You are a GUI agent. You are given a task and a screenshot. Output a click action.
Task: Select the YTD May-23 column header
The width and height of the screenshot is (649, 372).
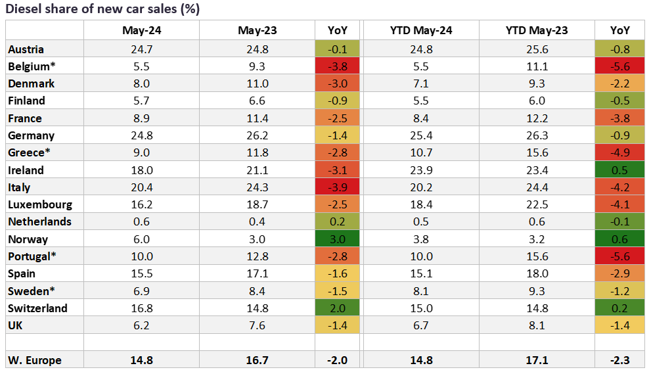point(537,30)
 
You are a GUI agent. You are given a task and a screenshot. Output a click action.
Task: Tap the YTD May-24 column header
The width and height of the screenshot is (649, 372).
point(420,30)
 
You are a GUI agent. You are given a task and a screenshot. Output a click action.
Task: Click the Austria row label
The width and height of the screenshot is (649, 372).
point(26,49)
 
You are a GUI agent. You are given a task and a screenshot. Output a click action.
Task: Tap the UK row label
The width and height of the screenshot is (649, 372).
point(16,325)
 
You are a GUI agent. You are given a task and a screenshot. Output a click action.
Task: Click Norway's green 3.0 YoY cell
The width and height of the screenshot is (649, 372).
point(337,239)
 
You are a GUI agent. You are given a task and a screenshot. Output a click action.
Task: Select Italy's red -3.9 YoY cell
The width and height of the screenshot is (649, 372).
point(337,187)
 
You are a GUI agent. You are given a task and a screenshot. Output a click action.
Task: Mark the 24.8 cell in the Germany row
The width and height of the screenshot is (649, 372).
point(141,135)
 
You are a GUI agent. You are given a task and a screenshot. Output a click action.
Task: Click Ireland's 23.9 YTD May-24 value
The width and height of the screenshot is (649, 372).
point(420,170)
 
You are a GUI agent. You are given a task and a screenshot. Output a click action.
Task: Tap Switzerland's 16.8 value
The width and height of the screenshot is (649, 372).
point(141,308)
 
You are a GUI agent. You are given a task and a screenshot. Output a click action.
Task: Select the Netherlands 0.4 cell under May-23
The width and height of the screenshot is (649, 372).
point(257,221)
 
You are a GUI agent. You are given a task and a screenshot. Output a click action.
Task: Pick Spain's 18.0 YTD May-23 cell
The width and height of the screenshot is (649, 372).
point(537,273)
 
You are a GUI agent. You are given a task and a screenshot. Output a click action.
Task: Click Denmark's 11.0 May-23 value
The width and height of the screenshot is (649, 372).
point(257,84)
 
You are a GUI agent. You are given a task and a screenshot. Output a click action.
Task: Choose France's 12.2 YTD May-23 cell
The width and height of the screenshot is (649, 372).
point(537,118)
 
